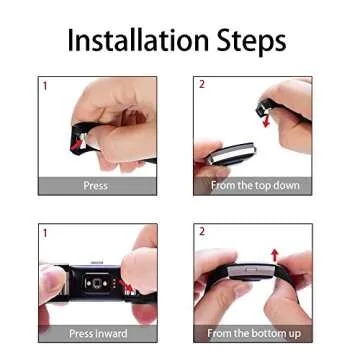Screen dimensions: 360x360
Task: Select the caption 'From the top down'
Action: click(254, 186)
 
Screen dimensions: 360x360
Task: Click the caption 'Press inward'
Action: click(98, 332)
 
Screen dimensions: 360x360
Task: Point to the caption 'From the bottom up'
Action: click(254, 332)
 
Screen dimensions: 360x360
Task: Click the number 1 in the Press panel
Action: click(45, 86)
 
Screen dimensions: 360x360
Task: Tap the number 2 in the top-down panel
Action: click(202, 86)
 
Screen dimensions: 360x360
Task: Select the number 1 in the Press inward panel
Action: click(45, 232)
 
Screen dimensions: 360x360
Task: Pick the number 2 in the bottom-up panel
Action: click(202, 232)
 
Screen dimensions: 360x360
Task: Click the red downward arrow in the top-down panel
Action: click(265, 120)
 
